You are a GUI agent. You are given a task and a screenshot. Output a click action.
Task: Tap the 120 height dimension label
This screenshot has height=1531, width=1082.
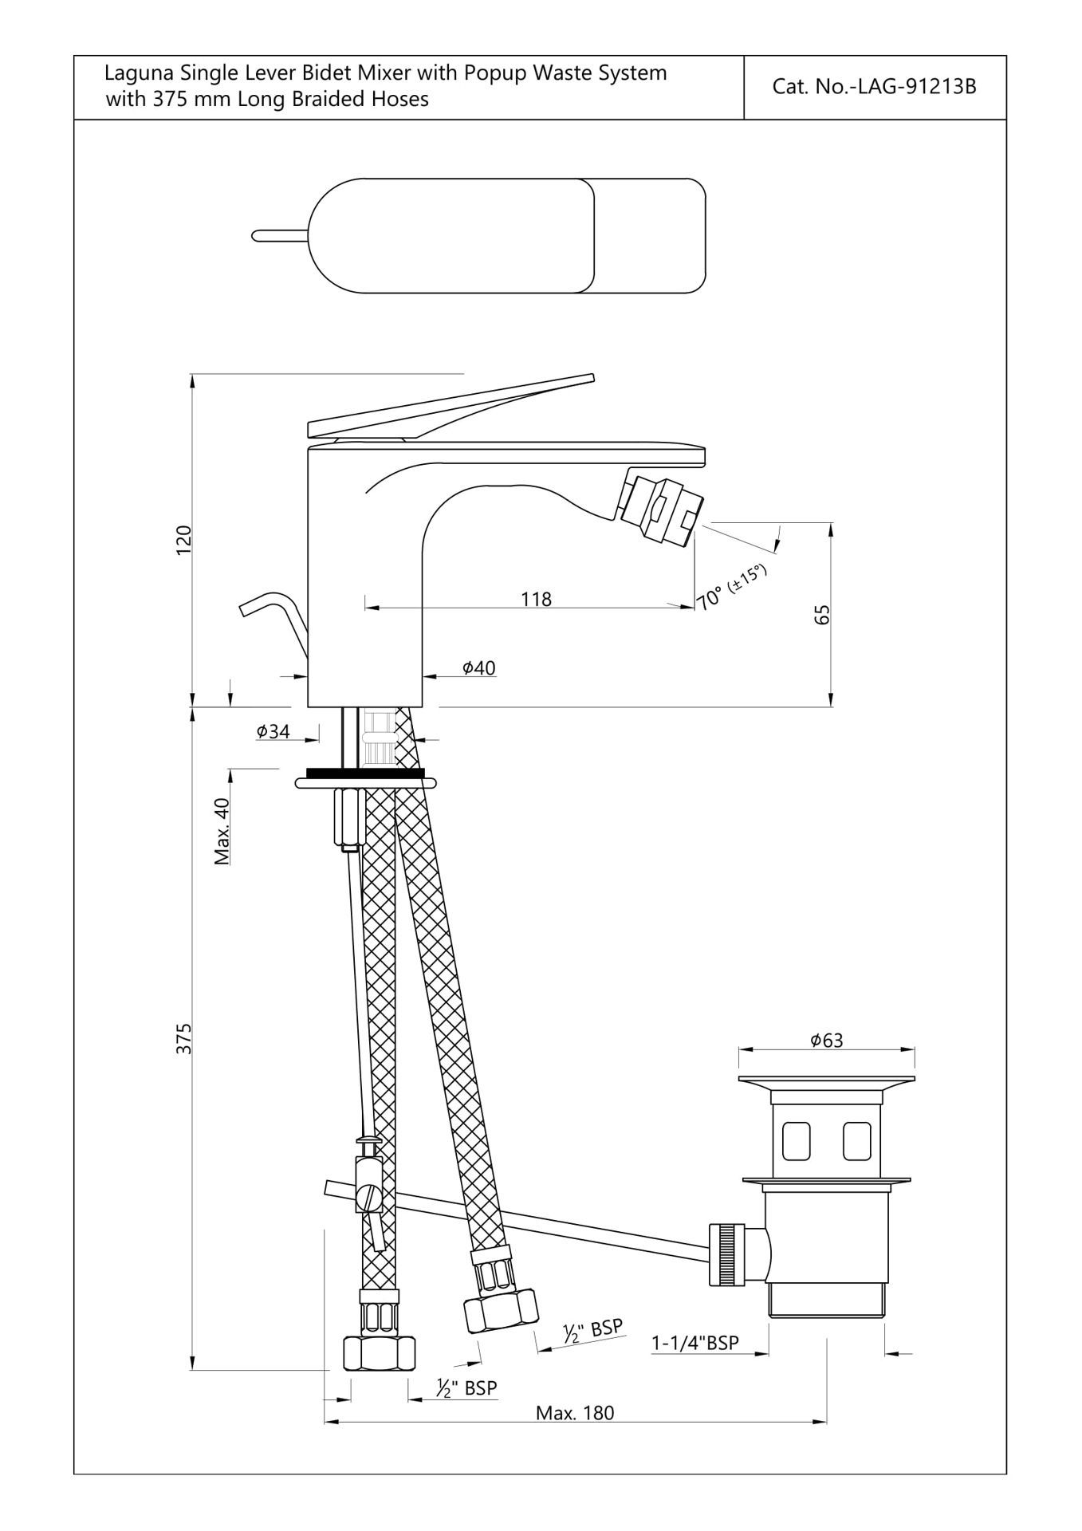[184, 541]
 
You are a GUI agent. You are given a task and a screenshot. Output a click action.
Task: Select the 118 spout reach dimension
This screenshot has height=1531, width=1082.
[536, 599]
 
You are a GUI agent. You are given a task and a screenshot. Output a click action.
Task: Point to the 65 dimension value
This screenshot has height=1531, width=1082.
[823, 615]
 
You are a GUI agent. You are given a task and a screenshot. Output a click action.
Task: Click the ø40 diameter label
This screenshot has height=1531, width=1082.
[479, 668]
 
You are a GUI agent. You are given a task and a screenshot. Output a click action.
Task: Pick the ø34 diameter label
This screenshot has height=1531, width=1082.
[273, 731]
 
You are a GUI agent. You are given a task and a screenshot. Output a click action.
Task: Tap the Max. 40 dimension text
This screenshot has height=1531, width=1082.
[222, 832]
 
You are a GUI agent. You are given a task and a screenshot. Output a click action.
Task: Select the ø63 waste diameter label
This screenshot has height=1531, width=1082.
[826, 1040]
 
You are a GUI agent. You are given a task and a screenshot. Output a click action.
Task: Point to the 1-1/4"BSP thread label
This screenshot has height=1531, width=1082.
[695, 1343]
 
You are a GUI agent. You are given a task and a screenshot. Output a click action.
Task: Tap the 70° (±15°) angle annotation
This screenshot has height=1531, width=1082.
[731, 586]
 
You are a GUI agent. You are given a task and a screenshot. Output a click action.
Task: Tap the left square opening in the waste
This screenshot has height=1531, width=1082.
[797, 1141]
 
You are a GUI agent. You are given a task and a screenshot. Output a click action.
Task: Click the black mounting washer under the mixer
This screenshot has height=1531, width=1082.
[364, 773]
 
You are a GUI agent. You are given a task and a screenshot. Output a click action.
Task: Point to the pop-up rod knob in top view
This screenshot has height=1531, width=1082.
[280, 235]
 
